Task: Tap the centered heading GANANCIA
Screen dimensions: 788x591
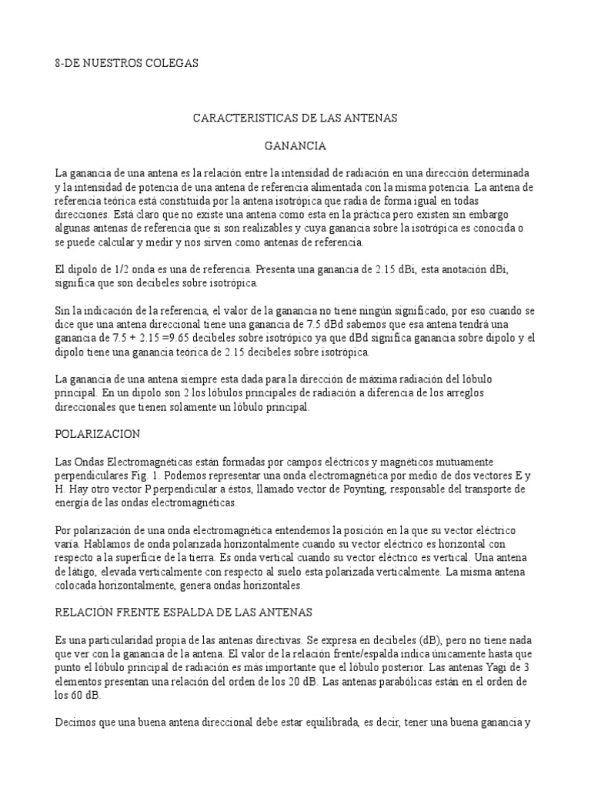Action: [x=295, y=145]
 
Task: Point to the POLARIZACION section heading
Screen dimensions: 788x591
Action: [x=98, y=434]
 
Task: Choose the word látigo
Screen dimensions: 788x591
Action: [x=83, y=572]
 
